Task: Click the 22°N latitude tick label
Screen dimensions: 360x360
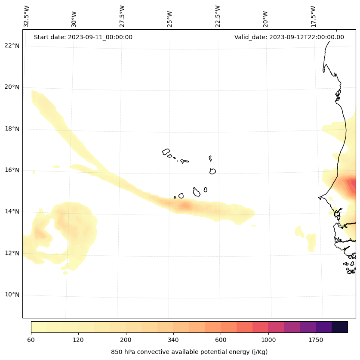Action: click(12, 46)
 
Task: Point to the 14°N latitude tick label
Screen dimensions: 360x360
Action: click(12, 211)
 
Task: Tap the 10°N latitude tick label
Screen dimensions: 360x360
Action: click(12, 295)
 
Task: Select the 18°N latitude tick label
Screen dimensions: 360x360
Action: click(12, 129)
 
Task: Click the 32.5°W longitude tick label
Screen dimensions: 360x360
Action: click(27, 16)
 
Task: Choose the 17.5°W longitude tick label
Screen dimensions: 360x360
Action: click(313, 16)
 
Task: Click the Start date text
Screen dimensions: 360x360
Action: click(83, 37)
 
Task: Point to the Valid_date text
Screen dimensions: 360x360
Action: click(289, 37)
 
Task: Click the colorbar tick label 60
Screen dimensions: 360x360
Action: click(31, 340)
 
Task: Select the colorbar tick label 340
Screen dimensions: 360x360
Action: click(173, 340)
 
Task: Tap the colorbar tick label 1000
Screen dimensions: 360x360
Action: click(268, 340)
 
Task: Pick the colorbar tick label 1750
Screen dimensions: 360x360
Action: click(316, 340)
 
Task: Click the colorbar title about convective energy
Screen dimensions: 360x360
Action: click(189, 352)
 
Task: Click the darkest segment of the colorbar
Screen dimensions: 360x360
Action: click(340, 327)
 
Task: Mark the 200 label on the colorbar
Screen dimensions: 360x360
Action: click(126, 340)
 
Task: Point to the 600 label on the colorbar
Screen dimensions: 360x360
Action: click(221, 340)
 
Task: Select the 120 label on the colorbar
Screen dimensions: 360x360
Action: click(78, 340)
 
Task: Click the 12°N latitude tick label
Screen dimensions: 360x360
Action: click(12, 253)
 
